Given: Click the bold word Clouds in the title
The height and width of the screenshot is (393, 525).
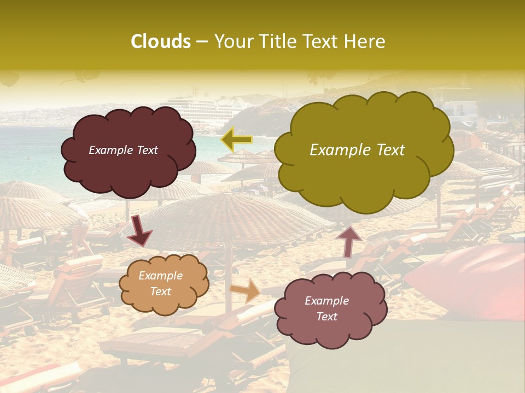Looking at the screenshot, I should pyautogui.click(x=160, y=41).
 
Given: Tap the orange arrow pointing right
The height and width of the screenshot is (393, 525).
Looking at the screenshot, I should pyautogui.click(x=246, y=290).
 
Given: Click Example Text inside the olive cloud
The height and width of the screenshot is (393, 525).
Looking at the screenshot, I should pyautogui.click(x=357, y=150).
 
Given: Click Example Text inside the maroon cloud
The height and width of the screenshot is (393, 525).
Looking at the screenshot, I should pyautogui.click(x=123, y=150).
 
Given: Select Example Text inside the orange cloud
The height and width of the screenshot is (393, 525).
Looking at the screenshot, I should pyautogui.click(x=160, y=283).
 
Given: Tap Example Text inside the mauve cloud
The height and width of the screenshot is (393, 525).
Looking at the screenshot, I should pyautogui.click(x=326, y=308).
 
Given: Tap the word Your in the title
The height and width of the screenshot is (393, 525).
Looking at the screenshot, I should pyautogui.click(x=232, y=41).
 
